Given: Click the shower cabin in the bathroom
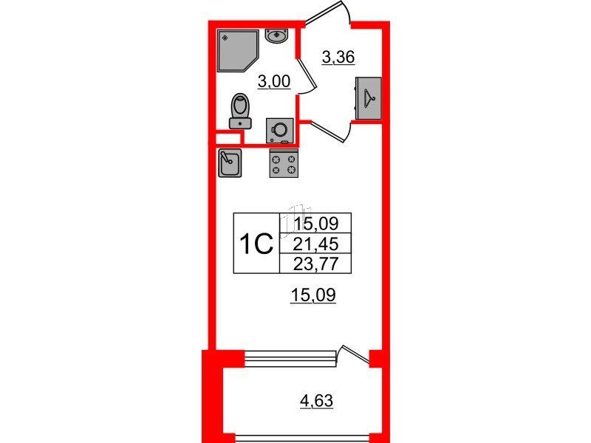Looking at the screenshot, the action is pyautogui.click(x=237, y=50).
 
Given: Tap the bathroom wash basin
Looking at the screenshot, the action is pyautogui.click(x=277, y=35).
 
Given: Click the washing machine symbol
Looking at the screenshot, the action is pyautogui.click(x=280, y=131).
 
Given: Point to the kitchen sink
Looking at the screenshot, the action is pyautogui.click(x=230, y=163).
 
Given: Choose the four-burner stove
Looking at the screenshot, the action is pyautogui.click(x=284, y=163).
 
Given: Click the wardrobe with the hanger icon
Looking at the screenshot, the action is pyautogui.click(x=368, y=98).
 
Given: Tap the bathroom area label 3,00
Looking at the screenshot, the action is pyautogui.click(x=274, y=81).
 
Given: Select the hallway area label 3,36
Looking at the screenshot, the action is pyautogui.click(x=338, y=58).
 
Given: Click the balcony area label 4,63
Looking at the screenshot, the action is pyautogui.click(x=316, y=400).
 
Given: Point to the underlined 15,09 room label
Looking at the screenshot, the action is pyautogui.click(x=312, y=295).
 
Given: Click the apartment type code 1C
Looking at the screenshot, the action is pyautogui.click(x=256, y=244).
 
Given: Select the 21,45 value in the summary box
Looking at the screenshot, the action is pyautogui.click(x=316, y=245).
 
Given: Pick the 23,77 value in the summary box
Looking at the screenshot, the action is pyautogui.click(x=316, y=264).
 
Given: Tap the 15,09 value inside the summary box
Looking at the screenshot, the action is pyautogui.click(x=316, y=224).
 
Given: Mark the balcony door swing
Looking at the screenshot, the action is pyautogui.click(x=355, y=354).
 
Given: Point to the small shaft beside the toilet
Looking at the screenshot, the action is pyautogui.click(x=228, y=138).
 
